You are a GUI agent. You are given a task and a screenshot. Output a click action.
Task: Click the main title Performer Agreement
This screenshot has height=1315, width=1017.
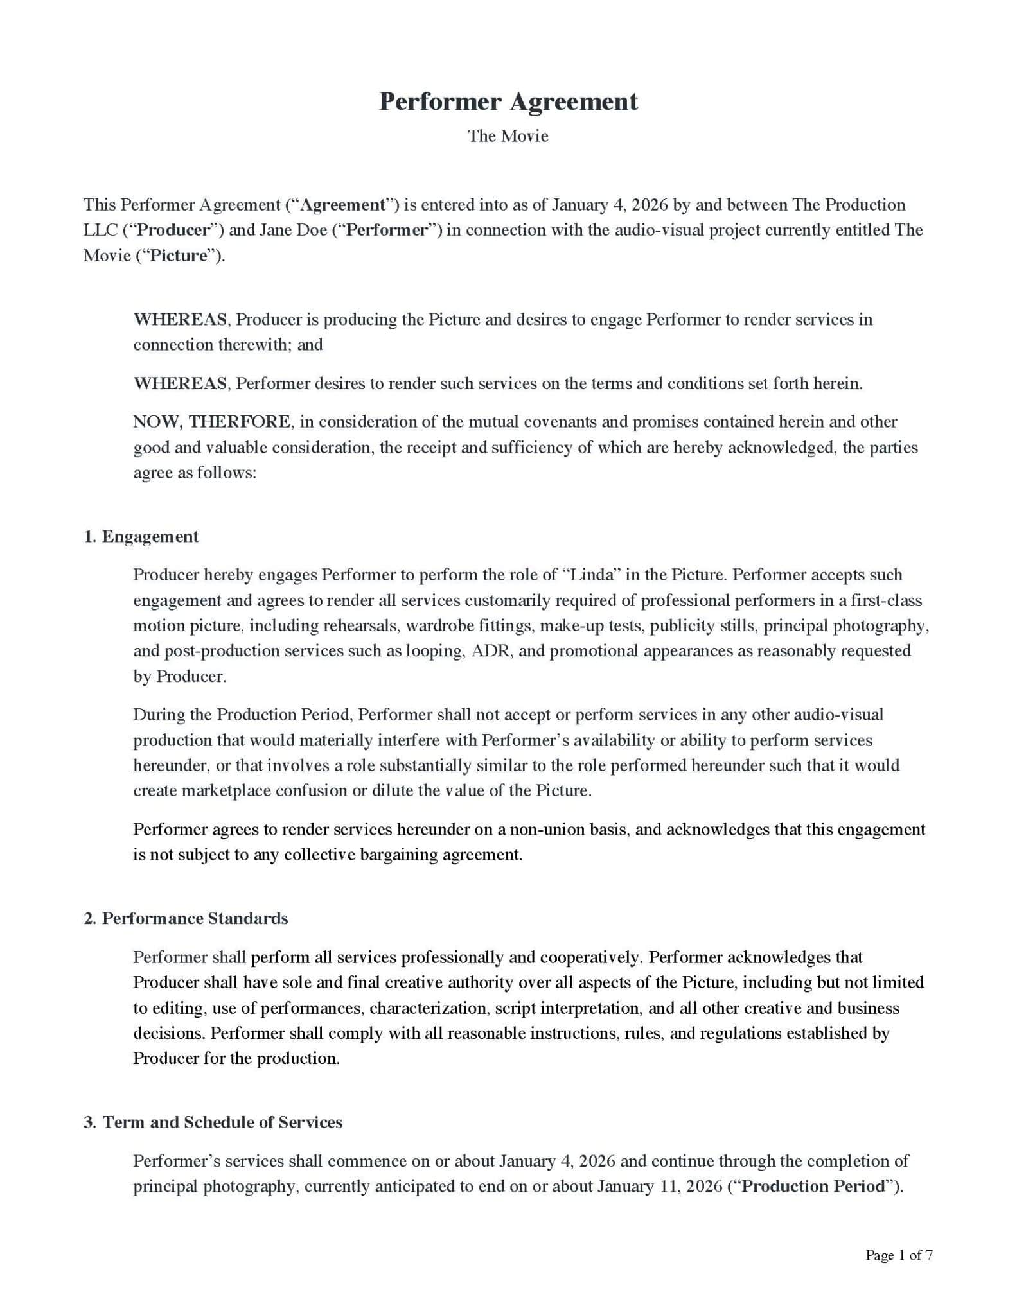point(508,101)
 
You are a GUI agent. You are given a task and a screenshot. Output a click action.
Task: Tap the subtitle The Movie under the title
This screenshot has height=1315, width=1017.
point(508,136)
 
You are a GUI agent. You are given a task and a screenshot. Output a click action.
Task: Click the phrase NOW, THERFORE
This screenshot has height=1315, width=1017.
point(211,422)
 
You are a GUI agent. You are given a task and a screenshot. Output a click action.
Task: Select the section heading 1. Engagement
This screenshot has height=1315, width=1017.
point(141,537)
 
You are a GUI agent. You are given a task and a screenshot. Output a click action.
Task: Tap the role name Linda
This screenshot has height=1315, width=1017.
point(590,575)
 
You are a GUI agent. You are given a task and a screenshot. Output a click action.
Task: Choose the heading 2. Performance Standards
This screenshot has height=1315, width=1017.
point(186,919)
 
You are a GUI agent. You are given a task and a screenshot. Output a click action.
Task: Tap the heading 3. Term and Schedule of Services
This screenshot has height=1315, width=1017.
point(213,1122)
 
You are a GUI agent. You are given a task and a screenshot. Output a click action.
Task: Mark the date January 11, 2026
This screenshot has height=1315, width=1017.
point(660,1186)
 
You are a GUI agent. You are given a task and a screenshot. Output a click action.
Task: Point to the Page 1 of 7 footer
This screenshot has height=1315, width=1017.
point(898,1255)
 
